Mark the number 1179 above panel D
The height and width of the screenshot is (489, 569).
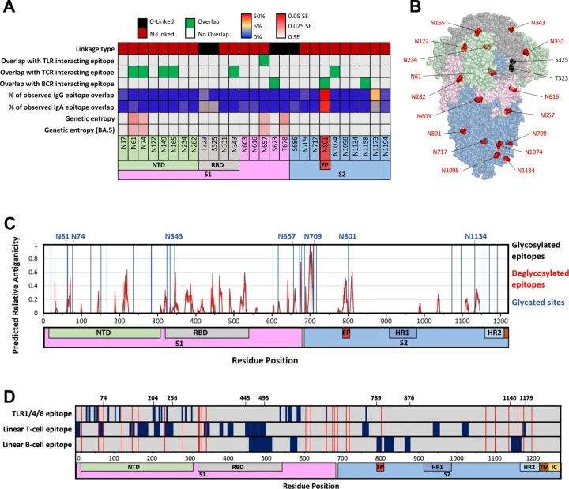526,398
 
